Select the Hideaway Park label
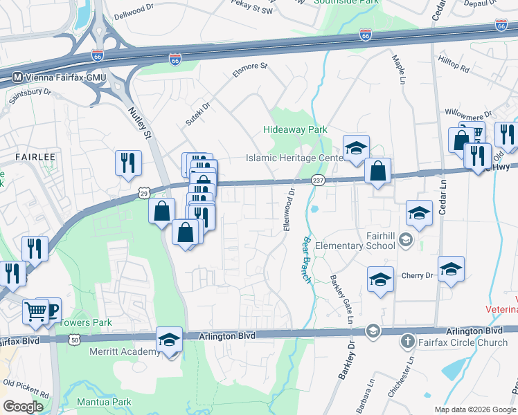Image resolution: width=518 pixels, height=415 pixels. [295, 129]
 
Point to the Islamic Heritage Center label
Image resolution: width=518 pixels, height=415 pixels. [295, 158]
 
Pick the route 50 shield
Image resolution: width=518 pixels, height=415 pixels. [74, 340]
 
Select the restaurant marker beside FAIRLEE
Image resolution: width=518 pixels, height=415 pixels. [128, 163]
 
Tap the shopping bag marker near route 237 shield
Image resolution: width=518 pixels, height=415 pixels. [378, 171]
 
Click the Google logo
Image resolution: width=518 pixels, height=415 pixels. [23, 407]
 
